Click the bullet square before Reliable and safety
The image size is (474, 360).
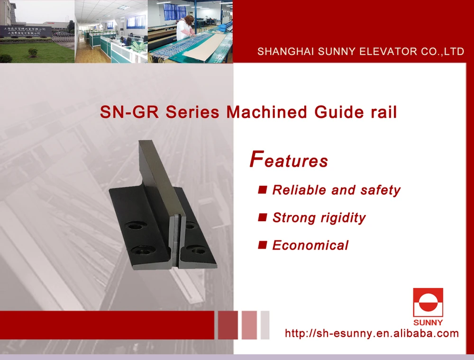[x=262, y=190]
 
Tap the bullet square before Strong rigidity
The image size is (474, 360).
[x=262, y=217]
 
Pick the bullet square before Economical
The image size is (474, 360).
[x=262, y=245]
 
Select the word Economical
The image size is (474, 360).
[x=310, y=245]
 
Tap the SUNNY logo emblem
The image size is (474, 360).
[x=428, y=302]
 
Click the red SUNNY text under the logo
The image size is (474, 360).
[x=428, y=323]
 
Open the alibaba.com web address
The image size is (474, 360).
[x=372, y=333]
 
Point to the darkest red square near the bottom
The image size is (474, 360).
[x=228, y=325]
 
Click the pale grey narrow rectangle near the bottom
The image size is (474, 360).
[x=265, y=325]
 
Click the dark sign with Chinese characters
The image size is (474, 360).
[x=27, y=32]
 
